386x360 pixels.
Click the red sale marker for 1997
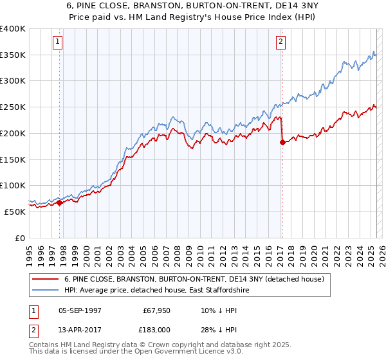tap(60, 203)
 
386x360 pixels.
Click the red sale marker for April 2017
tap(282, 143)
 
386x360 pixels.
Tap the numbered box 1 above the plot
tap(58, 42)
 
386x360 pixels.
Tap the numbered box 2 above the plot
tap(281, 42)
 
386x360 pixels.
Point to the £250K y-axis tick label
tap(13, 107)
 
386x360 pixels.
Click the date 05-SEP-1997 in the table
tap(81, 310)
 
